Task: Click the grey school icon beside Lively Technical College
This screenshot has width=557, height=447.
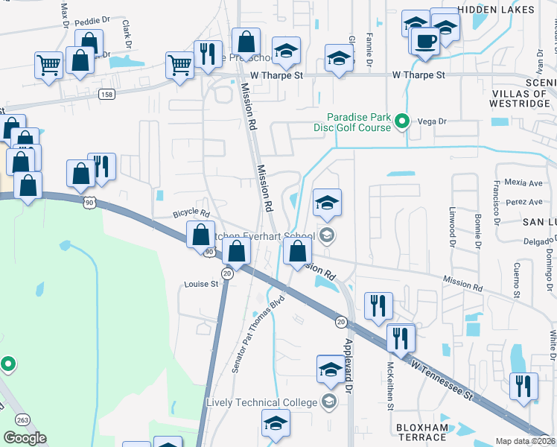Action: pyautogui.click(x=328, y=403)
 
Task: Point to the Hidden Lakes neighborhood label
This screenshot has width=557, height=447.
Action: pyautogui.click(x=496, y=10)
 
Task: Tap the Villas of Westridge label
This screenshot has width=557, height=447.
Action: pyautogui.click(x=521, y=98)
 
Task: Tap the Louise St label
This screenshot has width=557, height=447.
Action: pyautogui.click(x=201, y=284)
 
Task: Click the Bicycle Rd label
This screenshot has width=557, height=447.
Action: pyautogui.click(x=192, y=213)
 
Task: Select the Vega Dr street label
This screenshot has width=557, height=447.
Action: pyautogui.click(x=431, y=121)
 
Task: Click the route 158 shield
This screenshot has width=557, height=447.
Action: pyautogui.click(x=107, y=94)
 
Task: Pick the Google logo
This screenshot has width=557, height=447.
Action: pyautogui.click(x=25, y=437)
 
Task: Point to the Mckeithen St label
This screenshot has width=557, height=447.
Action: pyautogui.click(x=389, y=385)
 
